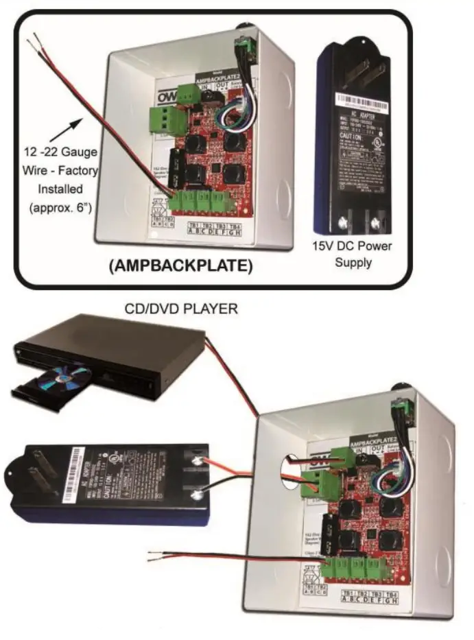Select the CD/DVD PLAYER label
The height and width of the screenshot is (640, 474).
click(x=181, y=310)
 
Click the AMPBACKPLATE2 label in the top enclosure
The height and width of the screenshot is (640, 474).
click(x=224, y=78)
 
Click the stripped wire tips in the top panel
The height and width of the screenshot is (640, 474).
click(x=32, y=45)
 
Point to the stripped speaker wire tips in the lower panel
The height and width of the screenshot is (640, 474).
click(x=152, y=552)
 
